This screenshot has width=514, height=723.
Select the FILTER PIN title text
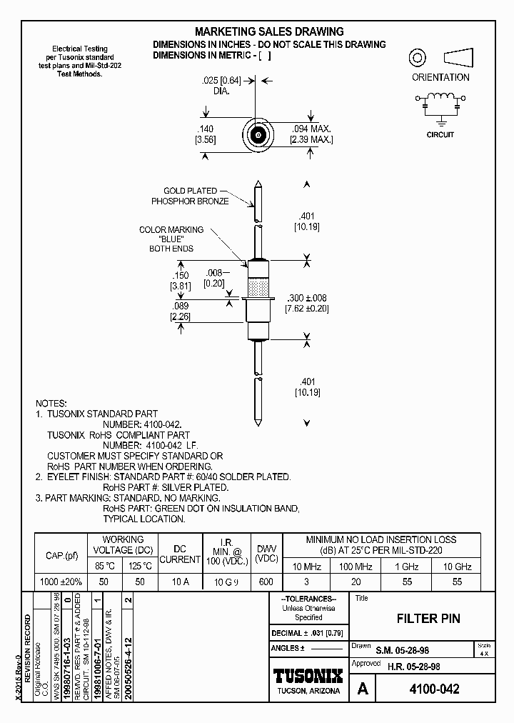pyautogui.click(x=428, y=619)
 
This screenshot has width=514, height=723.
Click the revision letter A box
pyautogui.click(x=363, y=689)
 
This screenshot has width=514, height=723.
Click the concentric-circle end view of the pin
pyautogui.click(x=258, y=135)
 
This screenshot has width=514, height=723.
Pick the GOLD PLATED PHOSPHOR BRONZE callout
pyautogui.click(x=190, y=196)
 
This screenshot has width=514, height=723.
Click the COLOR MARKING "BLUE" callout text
pyautogui.click(x=171, y=239)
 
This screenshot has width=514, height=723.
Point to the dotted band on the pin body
pyautogui.click(x=258, y=288)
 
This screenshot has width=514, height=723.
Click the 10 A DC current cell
pyautogui.click(x=180, y=582)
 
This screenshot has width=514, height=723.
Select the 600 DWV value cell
pyautogui.click(x=266, y=582)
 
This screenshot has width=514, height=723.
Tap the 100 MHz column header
pyautogui.click(x=356, y=566)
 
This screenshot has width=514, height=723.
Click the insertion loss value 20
pyautogui.click(x=356, y=582)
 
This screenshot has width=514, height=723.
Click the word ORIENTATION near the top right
pyautogui.click(x=440, y=77)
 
